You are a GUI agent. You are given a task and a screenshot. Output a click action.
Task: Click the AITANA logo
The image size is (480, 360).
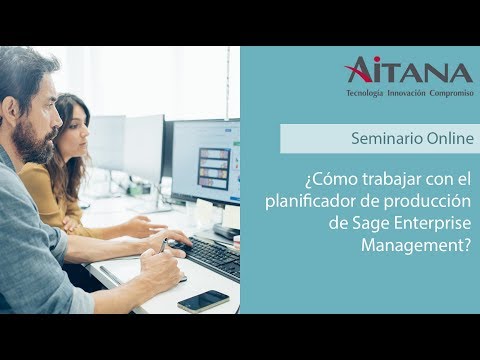(x=408, y=70)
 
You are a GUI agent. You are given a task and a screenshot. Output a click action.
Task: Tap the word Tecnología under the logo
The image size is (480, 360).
(x=365, y=93)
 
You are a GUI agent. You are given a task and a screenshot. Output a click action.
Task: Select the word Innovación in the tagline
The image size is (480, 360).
(x=406, y=93)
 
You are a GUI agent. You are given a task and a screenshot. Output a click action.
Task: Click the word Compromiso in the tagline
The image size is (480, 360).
(x=452, y=93)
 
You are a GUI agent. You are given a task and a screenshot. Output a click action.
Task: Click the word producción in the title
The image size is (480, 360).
(x=428, y=202)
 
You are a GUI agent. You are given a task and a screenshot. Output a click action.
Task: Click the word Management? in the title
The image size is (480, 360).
(x=416, y=246)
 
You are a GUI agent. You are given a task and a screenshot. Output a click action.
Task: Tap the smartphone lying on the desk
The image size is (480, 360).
(x=203, y=301)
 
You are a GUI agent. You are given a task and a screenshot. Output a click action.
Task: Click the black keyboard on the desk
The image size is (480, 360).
(x=208, y=257)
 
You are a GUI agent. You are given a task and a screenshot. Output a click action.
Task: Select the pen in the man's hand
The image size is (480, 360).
(x=163, y=246)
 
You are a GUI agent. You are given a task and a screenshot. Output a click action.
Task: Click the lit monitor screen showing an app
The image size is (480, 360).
(x=206, y=162)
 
